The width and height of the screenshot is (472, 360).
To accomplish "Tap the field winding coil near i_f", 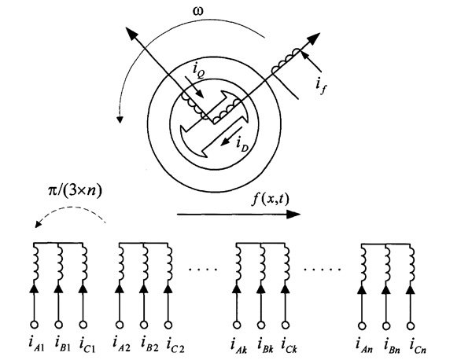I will (x=284, y=61).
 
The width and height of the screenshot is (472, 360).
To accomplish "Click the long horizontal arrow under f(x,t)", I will (x=236, y=212).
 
